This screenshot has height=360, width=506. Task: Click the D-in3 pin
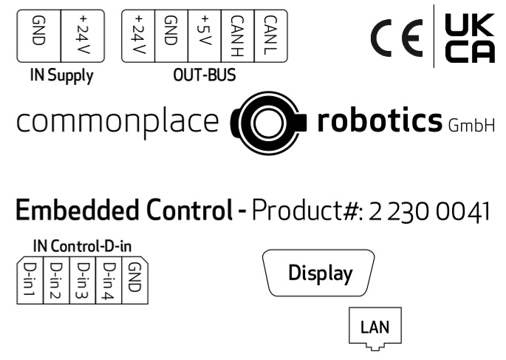click(x=83, y=280)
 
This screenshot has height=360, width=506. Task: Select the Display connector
click(x=320, y=274)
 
